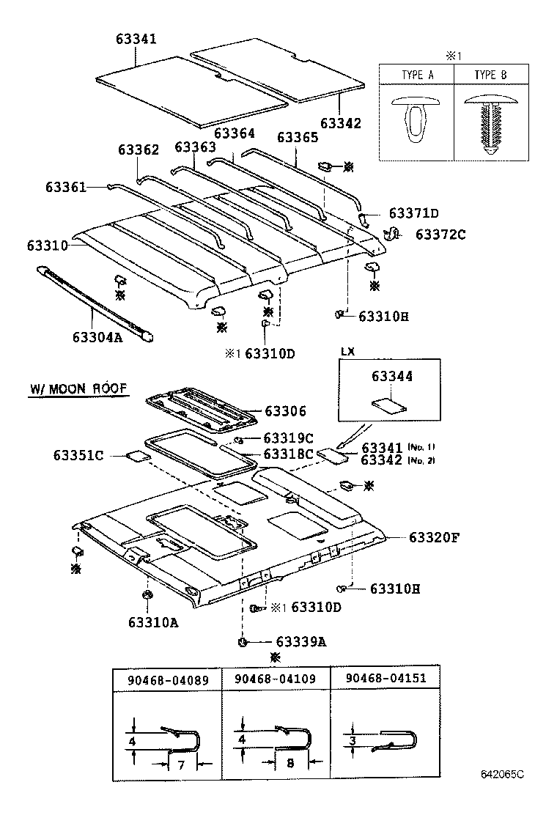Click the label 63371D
tap(413, 213)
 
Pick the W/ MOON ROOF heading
tap(78, 389)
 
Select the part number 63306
tap(285, 412)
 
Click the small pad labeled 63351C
tap(136, 456)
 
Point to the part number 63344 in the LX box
tap(391, 376)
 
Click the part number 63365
tap(298, 137)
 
